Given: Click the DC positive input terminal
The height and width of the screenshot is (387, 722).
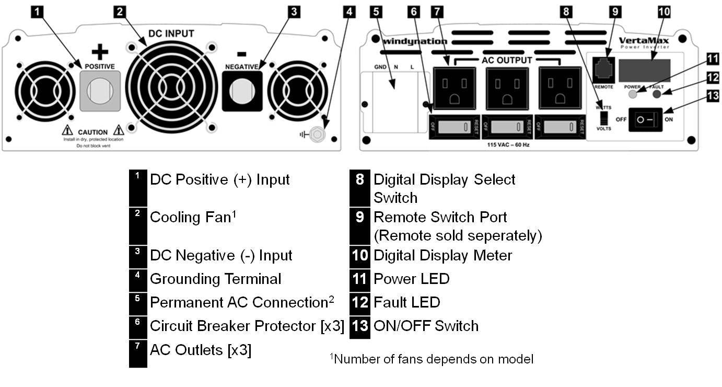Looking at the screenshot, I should pyautogui.click(x=100, y=91).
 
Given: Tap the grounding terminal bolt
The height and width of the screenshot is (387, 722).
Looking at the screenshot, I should pyautogui.click(x=317, y=134).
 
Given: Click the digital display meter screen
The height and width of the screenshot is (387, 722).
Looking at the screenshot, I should pyautogui.click(x=644, y=71).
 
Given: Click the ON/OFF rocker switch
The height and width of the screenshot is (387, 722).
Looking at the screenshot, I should pyautogui.click(x=645, y=120).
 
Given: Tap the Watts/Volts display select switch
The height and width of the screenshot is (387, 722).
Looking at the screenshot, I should pyautogui.click(x=604, y=117).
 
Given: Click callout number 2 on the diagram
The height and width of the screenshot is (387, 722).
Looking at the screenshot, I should pyautogui.click(x=120, y=12).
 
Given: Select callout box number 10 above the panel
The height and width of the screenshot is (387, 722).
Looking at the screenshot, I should pyautogui.click(x=663, y=12).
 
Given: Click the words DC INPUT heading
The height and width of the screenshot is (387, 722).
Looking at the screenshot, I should pyautogui.click(x=171, y=33).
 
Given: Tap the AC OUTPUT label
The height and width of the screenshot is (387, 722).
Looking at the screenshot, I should pyautogui.click(x=507, y=60).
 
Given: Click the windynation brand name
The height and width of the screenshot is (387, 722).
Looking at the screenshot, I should pyautogui.click(x=414, y=41).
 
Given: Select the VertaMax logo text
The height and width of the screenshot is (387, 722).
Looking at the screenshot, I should pyautogui.click(x=644, y=40).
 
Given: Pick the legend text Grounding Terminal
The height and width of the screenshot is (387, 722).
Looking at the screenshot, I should pyautogui.click(x=215, y=279).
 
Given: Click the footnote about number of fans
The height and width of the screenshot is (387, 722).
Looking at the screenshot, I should pyautogui.click(x=431, y=359).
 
